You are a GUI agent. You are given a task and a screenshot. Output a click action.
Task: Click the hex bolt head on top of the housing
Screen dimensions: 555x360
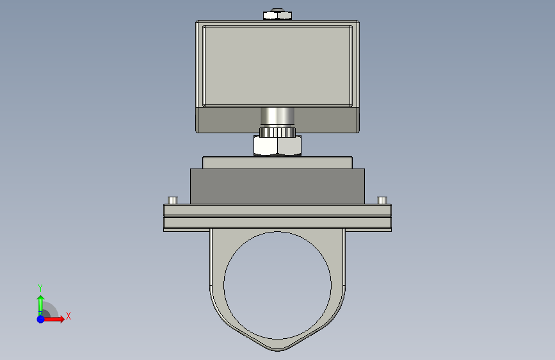tap(278, 15)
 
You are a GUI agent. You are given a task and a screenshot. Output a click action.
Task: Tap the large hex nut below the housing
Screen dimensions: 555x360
tap(278, 145)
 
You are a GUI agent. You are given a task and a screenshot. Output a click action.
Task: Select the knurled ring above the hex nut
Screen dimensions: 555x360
tap(278, 132)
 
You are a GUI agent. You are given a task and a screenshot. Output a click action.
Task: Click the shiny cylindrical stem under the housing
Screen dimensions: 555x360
tap(278, 117)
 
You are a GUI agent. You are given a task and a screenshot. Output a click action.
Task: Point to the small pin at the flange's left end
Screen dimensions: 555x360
tap(173, 200)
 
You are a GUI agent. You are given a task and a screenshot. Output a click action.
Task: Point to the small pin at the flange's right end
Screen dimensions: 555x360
tap(382, 200)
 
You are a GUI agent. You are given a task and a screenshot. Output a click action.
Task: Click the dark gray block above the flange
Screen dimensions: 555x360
tap(278, 186)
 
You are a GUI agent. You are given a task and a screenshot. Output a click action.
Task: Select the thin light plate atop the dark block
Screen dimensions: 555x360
tap(278, 163)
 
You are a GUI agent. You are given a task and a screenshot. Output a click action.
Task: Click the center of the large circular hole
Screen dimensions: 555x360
tap(278, 285)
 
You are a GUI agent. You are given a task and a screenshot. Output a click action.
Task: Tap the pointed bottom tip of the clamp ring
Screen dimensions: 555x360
tap(278, 350)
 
